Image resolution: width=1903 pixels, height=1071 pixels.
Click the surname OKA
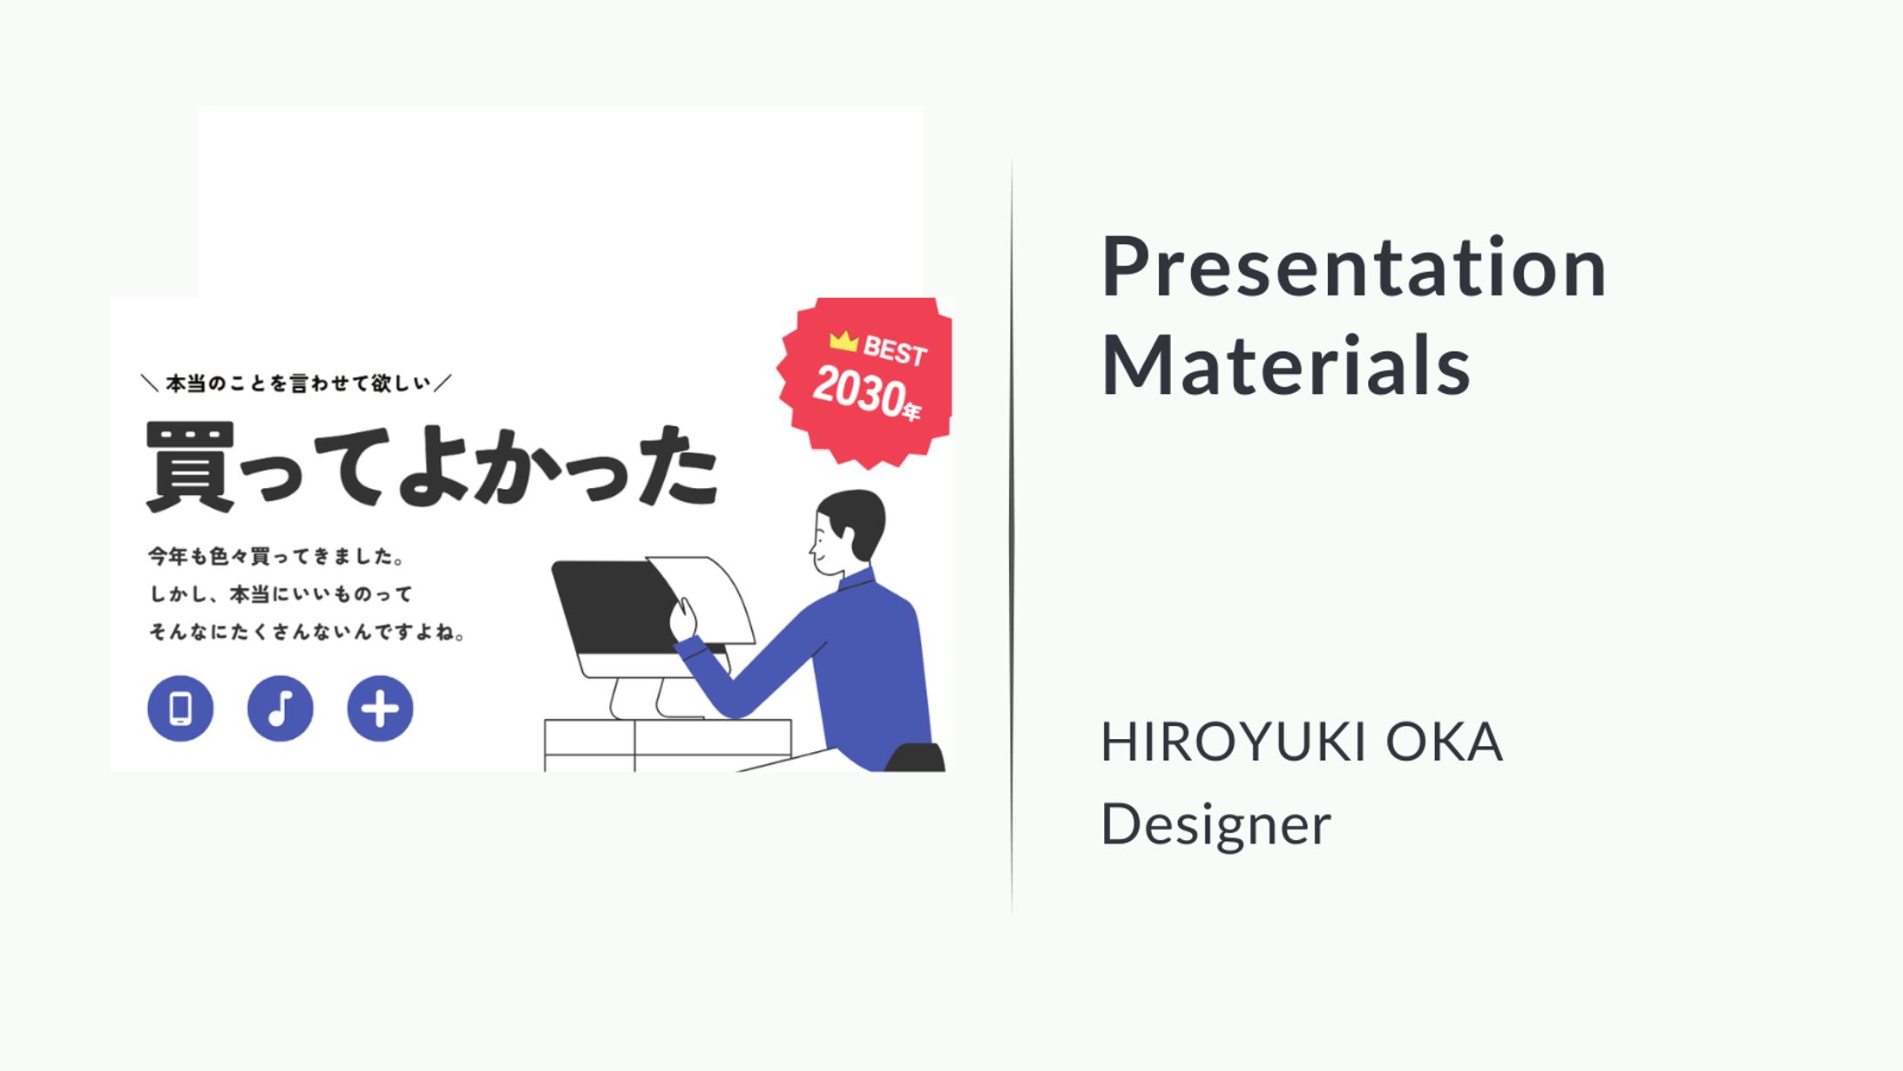coord(1444,742)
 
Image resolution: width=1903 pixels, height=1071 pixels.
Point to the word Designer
coord(1216,824)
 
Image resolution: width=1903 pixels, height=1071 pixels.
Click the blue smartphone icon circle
coord(180,708)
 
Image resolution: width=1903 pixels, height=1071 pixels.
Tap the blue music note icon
coord(281,708)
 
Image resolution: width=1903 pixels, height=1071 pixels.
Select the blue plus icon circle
coord(380,708)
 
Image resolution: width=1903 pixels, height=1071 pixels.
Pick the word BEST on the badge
coord(895,351)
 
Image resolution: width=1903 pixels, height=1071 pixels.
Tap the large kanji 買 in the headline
coord(190,466)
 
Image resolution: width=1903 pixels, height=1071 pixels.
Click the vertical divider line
coord(1012,536)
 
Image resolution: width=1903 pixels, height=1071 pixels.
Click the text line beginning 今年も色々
coord(275,556)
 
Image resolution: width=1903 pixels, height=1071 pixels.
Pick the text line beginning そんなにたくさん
coord(308,632)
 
